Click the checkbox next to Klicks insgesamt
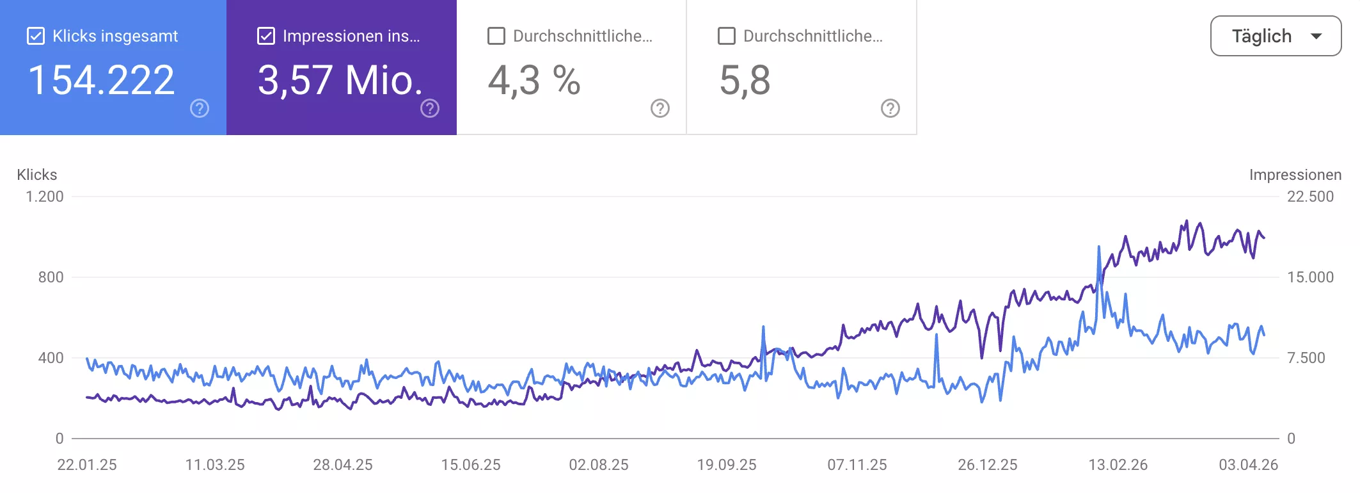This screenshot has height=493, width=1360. pyautogui.click(x=36, y=36)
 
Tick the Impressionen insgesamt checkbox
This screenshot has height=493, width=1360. pyautogui.click(x=266, y=36)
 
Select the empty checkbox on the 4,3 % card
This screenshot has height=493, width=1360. pyautogui.click(x=496, y=36)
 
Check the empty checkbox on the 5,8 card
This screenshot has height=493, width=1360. pyautogui.click(x=727, y=36)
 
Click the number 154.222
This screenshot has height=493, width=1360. pyautogui.click(x=102, y=81)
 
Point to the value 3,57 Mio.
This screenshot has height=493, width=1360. pyautogui.click(x=340, y=81)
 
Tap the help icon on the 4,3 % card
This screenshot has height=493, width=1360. pyautogui.click(x=660, y=108)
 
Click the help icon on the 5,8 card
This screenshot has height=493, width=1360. pyautogui.click(x=890, y=108)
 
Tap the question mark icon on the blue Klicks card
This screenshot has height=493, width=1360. pyautogui.click(x=200, y=108)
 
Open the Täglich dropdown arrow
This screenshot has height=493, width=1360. pyautogui.click(x=1317, y=36)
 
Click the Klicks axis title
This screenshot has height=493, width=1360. pyautogui.click(x=37, y=175)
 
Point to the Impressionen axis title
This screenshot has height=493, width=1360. pyautogui.click(x=1295, y=175)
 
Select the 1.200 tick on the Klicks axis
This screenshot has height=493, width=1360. pyautogui.click(x=45, y=197)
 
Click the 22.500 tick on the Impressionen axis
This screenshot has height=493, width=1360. pyautogui.click(x=1310, y=197)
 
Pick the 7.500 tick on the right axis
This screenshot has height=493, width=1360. pyautogui.click(x=1306, y=358)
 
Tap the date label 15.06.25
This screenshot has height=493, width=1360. pyautogui.click(x=471, y=465)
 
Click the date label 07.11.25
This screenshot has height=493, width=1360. pyautogui.click(x=857, y=465)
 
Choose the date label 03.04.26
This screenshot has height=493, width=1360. pyautogui.click(x=1248, y=465)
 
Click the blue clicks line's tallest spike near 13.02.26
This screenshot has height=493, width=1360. pyautogui.click(x=1099, y=248)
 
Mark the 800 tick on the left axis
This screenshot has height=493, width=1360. pyautogui.click(x=51, y=277)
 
